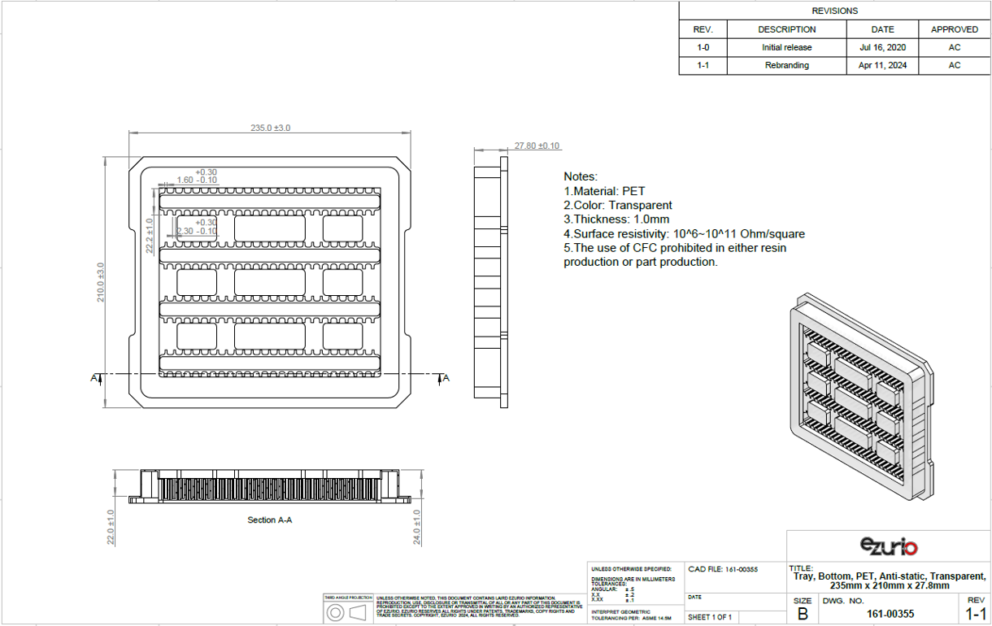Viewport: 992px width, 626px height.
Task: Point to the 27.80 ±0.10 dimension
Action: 537,146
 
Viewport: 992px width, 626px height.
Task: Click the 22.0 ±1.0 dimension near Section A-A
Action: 111,527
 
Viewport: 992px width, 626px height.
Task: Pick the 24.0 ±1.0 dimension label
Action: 417,527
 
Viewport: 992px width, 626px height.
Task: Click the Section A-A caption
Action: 269,519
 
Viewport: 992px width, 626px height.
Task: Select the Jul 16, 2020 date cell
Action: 882,47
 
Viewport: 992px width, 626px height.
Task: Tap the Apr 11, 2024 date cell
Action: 882,65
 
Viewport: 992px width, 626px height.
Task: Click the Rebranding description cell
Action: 786,65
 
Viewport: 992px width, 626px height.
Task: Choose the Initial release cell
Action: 786,47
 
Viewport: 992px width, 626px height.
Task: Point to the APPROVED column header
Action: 955,29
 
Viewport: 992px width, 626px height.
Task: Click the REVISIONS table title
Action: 834,11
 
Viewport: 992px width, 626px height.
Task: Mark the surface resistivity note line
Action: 684,234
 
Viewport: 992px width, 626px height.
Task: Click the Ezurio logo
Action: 888,546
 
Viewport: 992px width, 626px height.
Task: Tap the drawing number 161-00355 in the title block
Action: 890,614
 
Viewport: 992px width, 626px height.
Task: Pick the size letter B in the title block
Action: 803,613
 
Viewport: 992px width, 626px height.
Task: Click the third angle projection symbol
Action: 348,612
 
